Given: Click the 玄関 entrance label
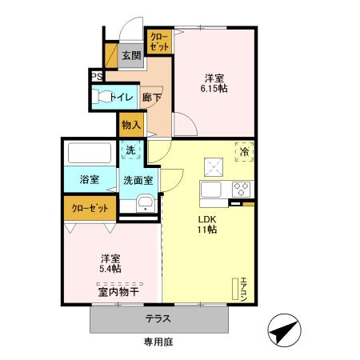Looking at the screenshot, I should click(131, 55).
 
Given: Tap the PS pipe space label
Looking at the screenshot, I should click(96, 77).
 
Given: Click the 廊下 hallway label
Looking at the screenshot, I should click(152, 98).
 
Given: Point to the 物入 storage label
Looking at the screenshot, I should click(131, 126).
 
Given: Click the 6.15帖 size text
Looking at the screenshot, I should click(213, 90).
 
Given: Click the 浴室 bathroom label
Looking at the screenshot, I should click(89, 180).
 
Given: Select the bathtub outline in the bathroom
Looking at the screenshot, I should click(89, 153).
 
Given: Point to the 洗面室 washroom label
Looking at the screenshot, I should click(138, 180).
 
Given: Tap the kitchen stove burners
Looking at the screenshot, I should click(241, 190).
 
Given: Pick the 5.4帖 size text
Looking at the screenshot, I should click(111, 269).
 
